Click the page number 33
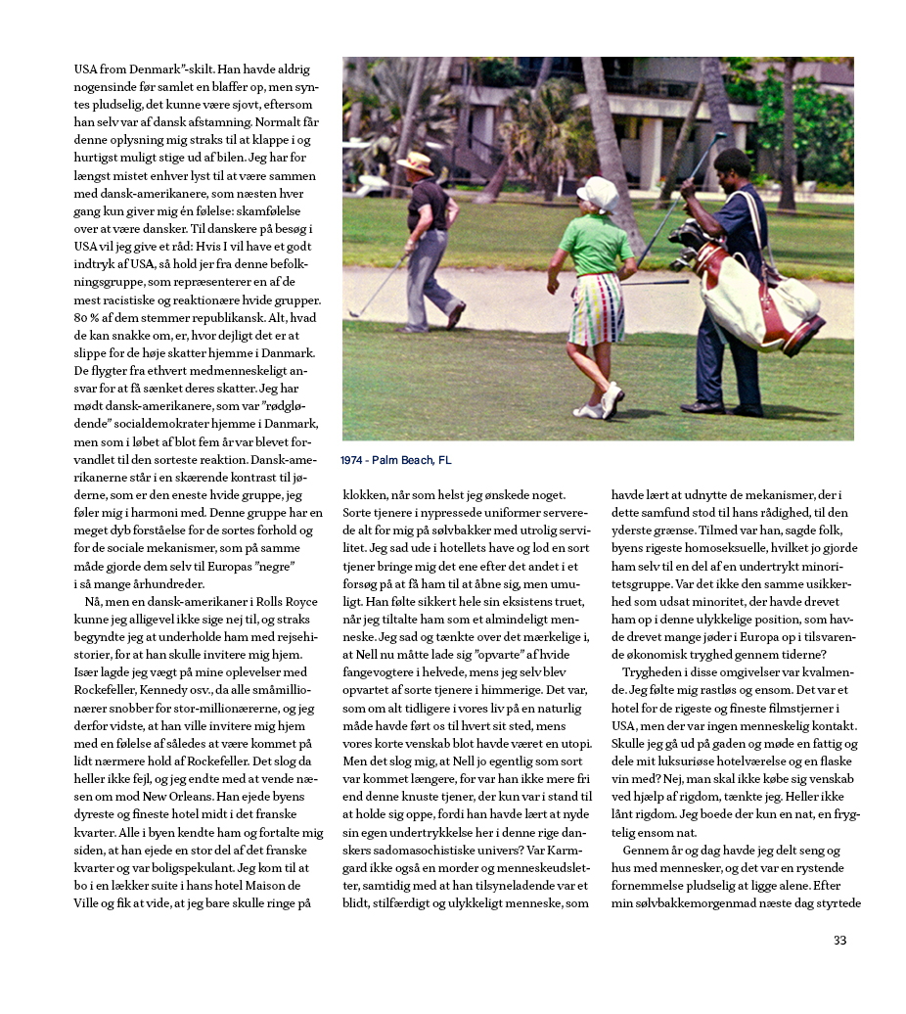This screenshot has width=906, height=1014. pos(839,941)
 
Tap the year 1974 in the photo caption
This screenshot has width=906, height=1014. pos(354,460)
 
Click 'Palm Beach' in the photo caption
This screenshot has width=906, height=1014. pos(407,460)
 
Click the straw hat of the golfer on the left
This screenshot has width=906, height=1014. pos(416,161)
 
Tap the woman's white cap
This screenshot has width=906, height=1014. pos(596,191)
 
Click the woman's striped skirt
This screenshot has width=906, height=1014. pos(598,307)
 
